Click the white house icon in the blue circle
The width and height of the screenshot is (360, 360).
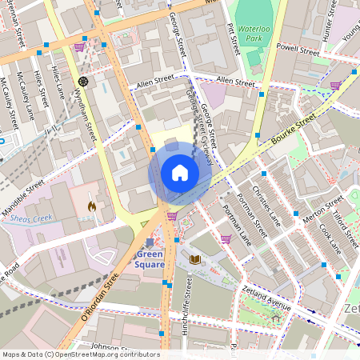pos(179,173)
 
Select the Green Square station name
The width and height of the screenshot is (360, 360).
pos(150,260)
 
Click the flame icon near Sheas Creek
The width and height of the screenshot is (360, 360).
pos(92,206)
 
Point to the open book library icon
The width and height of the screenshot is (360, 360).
pos(195,259)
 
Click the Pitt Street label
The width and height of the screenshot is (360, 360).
pos(234,38)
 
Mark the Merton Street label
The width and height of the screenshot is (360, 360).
pos(323,210)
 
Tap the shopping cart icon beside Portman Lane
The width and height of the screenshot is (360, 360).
pos(226,238)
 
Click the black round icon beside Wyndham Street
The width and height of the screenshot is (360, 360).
pos(82,82)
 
